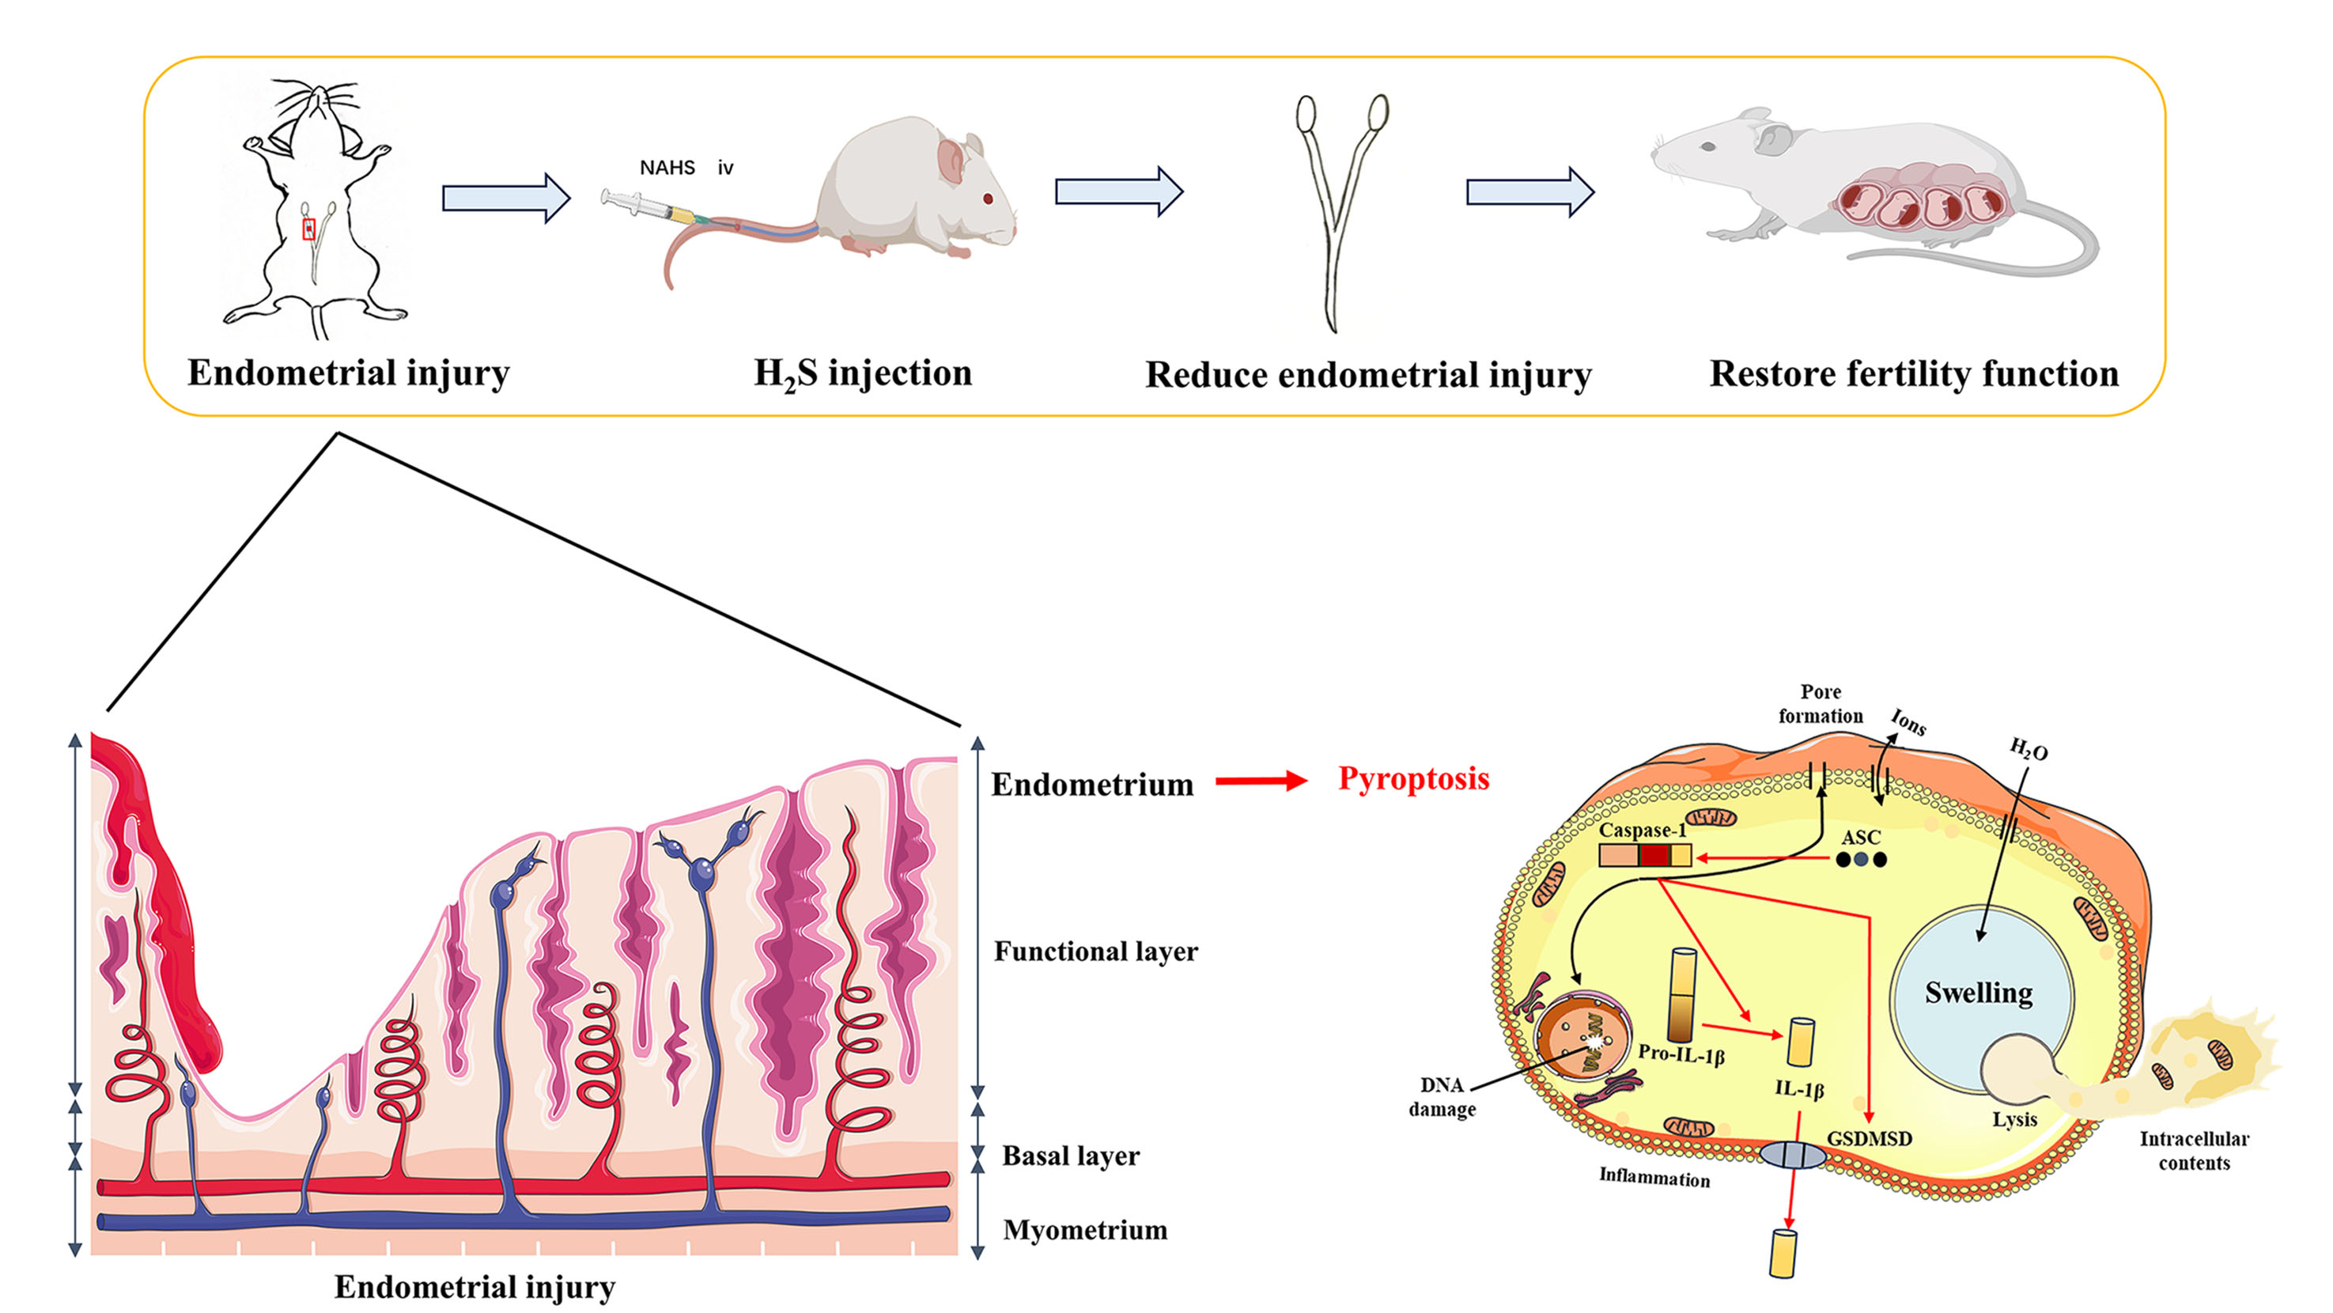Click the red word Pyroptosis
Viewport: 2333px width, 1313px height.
point(1414,779)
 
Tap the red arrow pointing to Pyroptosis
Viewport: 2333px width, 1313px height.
point(1261,781)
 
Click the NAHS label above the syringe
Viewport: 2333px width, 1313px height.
point(667,168)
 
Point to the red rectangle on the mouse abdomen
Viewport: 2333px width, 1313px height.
point(309,229)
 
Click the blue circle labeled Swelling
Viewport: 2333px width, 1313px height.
point(1979,993)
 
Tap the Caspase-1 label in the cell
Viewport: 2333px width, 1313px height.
point(1642,831)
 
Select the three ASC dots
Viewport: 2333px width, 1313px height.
point(1860,859)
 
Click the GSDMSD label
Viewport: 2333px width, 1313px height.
point(1870,1138)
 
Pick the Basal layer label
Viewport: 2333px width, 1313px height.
point(1071,1156)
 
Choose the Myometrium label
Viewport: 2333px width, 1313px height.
point(1085,1230)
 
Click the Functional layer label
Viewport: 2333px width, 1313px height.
point(1096,951)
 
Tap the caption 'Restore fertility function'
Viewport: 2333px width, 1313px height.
point(1914,374)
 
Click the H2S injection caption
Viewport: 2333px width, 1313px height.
point(863,373)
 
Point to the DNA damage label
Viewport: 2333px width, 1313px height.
point(1442,1096)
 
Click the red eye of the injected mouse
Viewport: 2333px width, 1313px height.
point(987,199)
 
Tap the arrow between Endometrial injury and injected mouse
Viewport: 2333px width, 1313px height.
point(506,198)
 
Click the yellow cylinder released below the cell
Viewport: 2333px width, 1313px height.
point(1783,1253)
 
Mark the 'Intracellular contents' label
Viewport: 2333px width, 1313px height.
point(2194,1150)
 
